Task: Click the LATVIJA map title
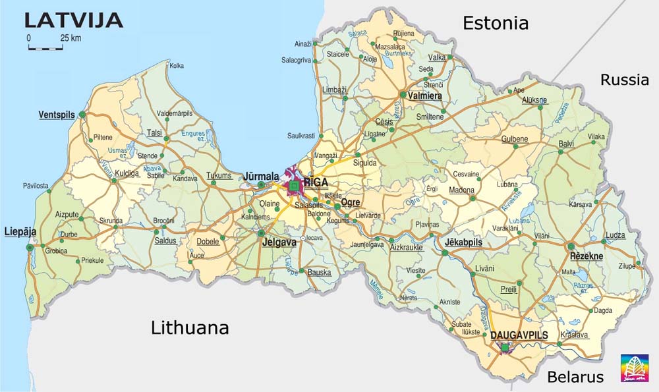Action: point(74,20)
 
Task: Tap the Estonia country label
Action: point(496,24)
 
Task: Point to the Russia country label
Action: point(624,80)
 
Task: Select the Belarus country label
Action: point(575,377)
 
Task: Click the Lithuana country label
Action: point(190,327)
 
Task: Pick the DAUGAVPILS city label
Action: point(519,335)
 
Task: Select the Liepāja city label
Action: point(20,232)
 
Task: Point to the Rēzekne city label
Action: point(586,256)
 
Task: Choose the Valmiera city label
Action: point(425,96)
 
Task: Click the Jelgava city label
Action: point(279,242)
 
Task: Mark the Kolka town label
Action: point(177,66)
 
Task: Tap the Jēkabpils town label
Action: point(463,242)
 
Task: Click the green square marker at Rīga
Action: point(294,187)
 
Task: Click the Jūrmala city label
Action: point(260,176)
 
